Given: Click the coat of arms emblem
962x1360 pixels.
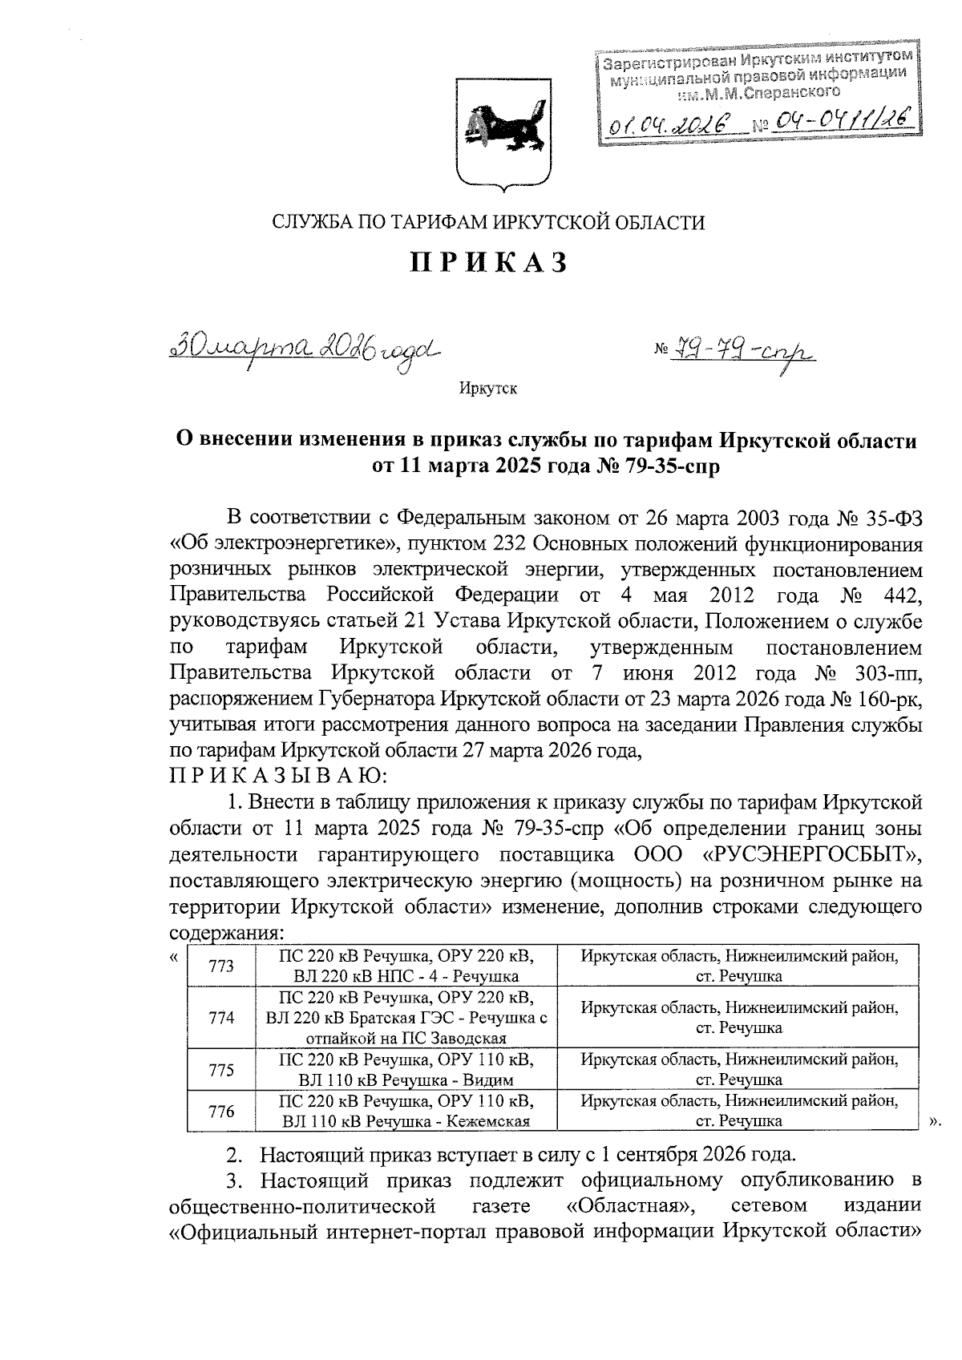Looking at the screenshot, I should [x=503, y=132].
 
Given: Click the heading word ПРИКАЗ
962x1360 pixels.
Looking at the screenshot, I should [x=490, y=263].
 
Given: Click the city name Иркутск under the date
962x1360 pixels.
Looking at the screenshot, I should [x=488, y=389].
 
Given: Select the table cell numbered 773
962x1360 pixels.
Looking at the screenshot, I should [x=220, y=967].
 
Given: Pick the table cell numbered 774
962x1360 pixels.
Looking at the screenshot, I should [x=220, y=1018].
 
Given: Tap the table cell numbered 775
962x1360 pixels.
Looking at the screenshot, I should [x=220, y=1070].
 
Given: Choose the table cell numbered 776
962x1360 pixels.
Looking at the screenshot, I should [x=220, y=1112].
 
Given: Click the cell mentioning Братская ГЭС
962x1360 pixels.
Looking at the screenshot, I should [x=406, y=1019].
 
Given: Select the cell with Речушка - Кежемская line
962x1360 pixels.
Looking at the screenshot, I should [x=406, y=1112].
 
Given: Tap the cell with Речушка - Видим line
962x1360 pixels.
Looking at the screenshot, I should [x=406, y=1070].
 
